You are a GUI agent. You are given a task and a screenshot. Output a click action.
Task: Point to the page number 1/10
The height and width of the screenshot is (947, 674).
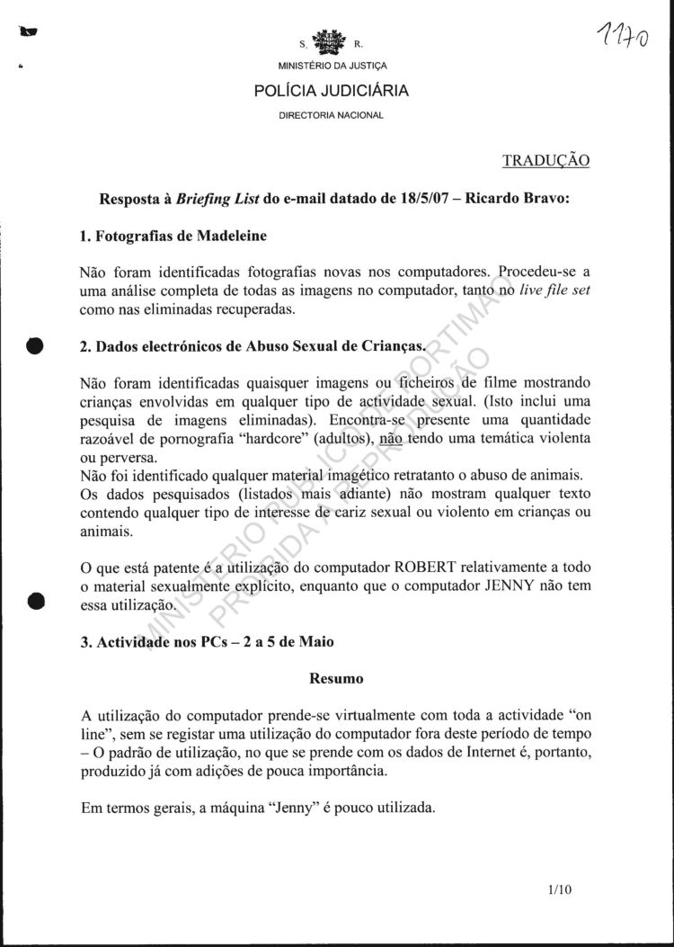click(x=558, y=890)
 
